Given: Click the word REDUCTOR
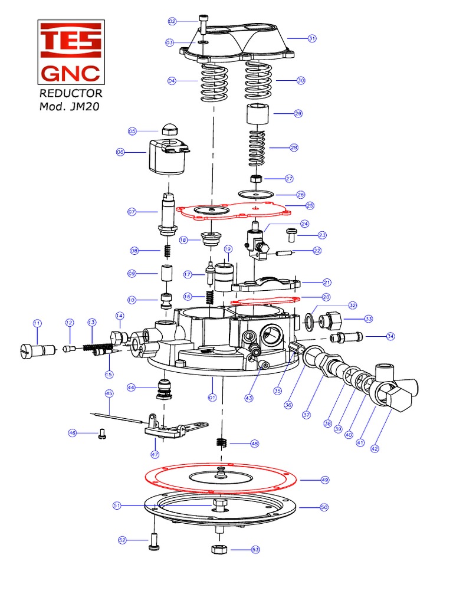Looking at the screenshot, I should coord(71,93).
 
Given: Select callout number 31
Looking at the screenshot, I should coord(312,38).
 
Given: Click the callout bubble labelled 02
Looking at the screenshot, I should coord(172,21).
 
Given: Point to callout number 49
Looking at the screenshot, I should coord(324,480).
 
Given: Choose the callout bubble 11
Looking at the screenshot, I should coord(37,323).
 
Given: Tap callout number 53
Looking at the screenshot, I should coord(255,550).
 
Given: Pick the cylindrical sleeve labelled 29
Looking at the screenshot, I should coord(258,113).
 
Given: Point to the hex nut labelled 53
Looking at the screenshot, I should coord(216,550).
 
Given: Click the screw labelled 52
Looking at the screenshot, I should coord(156,541).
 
